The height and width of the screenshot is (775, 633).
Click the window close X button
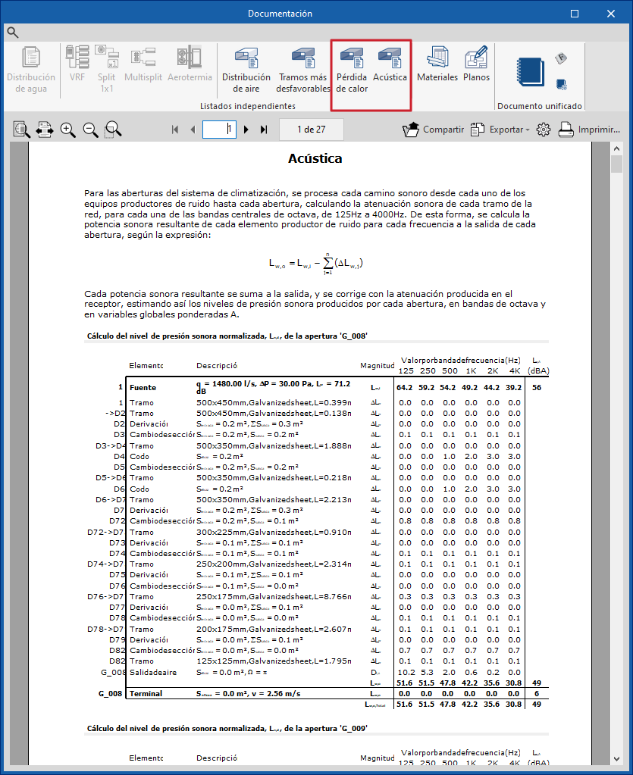click(x=609, y=14)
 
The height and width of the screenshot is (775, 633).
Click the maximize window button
click(x=575, y=14)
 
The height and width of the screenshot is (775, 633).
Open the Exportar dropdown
click(x=500, y=130)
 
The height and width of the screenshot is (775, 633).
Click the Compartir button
click(x=433, y=130)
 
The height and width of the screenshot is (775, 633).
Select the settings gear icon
click(x=543, y=130)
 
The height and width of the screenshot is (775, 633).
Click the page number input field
click(x=219, y=130)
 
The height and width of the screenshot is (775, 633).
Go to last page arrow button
click(x=264, y=130)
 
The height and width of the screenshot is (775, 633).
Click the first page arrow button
click(x=175, y=130)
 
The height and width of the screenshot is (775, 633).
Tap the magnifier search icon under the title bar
click(x=12, y=32)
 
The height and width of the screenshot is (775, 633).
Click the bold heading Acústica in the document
click(x=315, y=159)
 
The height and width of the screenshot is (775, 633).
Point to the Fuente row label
click(x=143, y=387)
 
